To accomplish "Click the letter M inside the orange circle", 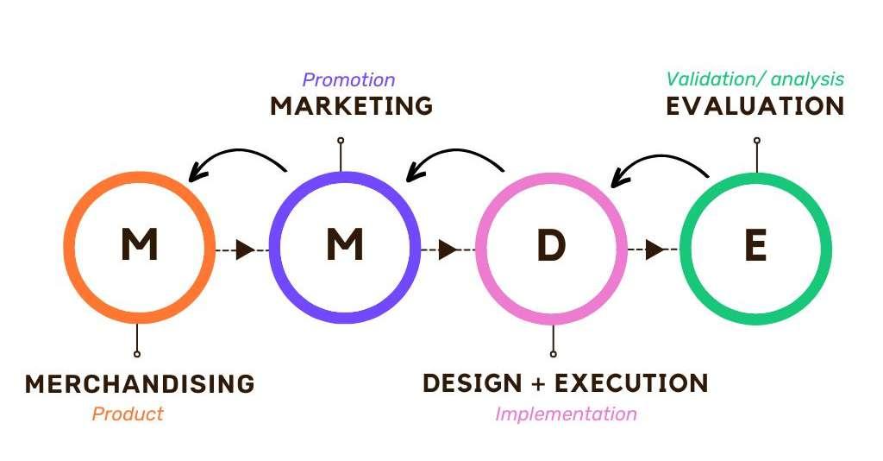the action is click(139, 247).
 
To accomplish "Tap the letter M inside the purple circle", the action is click(344, 247).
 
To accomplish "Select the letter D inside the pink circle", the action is click(551, 247).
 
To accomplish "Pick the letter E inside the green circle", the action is click(755, 247).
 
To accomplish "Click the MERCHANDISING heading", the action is click(140, 383).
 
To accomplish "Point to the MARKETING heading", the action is click(351, 106).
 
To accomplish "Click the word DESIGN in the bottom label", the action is click(473, 382).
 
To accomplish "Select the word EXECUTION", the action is click(631, 382).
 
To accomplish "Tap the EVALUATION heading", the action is click(755, 106).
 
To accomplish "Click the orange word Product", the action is click(128, 414).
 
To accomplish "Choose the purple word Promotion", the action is click(348, 80).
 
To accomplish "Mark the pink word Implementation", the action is click(566, 414).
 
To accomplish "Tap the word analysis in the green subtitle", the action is click(808, 79).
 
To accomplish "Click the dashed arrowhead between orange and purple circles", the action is click(244, 249).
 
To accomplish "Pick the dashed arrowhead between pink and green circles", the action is click(654, 249).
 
